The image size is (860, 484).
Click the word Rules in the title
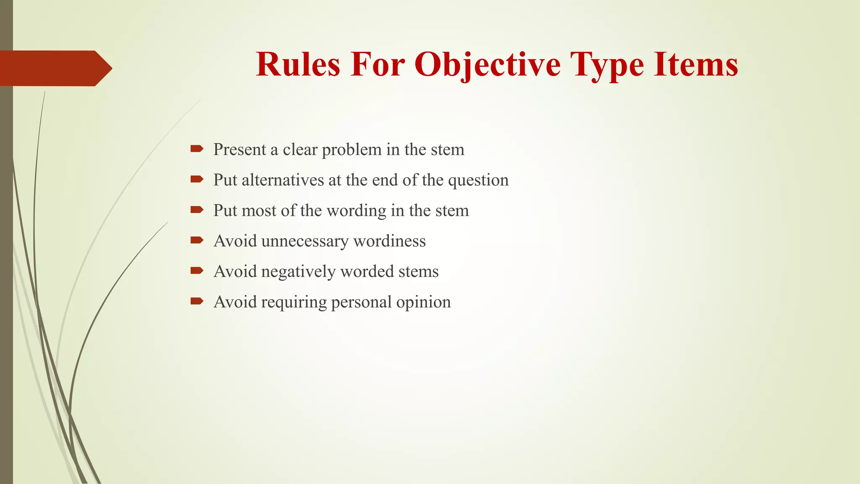click(x=298, y=65)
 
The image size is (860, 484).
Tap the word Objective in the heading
click(x=487, y=66)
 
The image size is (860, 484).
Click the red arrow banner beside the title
click(x=55, y=68)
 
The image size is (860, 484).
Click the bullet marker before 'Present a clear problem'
click(x=197, y=149)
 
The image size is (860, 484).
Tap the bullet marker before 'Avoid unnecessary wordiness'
click(x=197, y=240)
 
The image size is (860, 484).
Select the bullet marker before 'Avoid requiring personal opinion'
click(x=197, y=301)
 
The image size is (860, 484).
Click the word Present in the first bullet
click(x=239, y=150)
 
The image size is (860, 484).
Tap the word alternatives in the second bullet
click(x=283, y=180)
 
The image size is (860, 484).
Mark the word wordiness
click(x=389, y=241)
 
